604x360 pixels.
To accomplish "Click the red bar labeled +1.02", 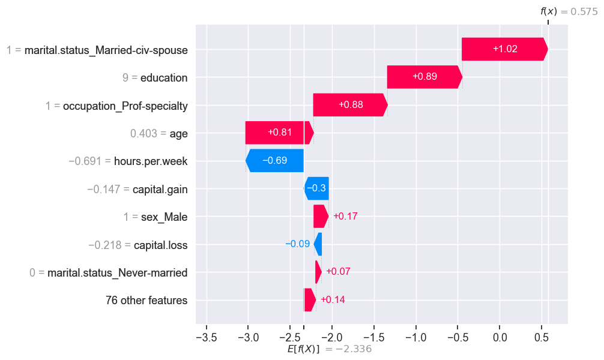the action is pyautogui.click(x=504, y=49).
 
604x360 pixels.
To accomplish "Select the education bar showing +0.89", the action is pyautogui.click(x=424, y=77).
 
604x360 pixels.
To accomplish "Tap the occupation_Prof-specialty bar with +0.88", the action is pyautogui.click(x=350, y=105).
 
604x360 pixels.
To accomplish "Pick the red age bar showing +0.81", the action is pyautogui.click(x=279, y=133).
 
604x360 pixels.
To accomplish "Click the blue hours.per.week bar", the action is pyautogui.click(x=274, y=161).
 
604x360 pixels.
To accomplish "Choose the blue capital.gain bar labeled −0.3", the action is pyautogui.click(x=316, y=188).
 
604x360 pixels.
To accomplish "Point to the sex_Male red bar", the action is pyautogui.click(x=321, y=217).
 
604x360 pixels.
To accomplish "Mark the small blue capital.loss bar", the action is pyautogui.click(x=318, y=244).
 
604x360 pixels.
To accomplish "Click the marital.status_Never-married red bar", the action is pyautogui.click(x=318, y=272).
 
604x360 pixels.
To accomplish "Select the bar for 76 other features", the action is pyautogui.click(x=310, y=300).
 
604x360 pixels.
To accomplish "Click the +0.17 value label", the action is pyautogui.click(x=345, y=216).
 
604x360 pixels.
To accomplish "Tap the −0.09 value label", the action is pyautogui.click(x=297, y=244).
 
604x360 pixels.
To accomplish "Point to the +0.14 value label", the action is pyautogui.click(x=333, y=299).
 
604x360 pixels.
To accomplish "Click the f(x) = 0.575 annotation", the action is pyautogui.click(x=569, y=11).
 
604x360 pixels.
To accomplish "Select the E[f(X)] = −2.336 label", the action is pyautogui.click(x=330, y=349).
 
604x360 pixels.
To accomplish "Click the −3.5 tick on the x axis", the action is pyautogui.click(x=207, y=338).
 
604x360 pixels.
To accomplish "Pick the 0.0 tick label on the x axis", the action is pyautogui.click(x=500, y=338).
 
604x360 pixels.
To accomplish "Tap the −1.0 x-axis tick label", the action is pyautogui.click(x=415, y=338).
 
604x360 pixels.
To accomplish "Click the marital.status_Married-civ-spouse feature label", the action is pyautogui.click(x=106, y=50).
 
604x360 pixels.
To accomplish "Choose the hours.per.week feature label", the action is pyautogui.click(x=151, y=161).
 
